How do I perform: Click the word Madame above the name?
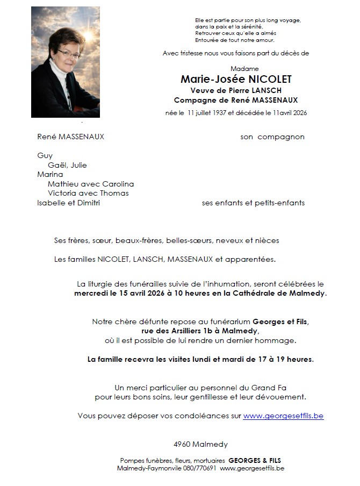(x=244, y=69)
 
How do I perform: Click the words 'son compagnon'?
(x=272, y=137)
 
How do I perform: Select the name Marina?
(x=50, y=174)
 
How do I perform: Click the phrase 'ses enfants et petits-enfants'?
(x=253, y=203)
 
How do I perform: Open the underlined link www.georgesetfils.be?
(x=283, y=416)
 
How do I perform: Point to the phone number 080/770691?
(x=199, y=468)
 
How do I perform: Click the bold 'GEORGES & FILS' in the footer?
(x=255, y=461)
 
